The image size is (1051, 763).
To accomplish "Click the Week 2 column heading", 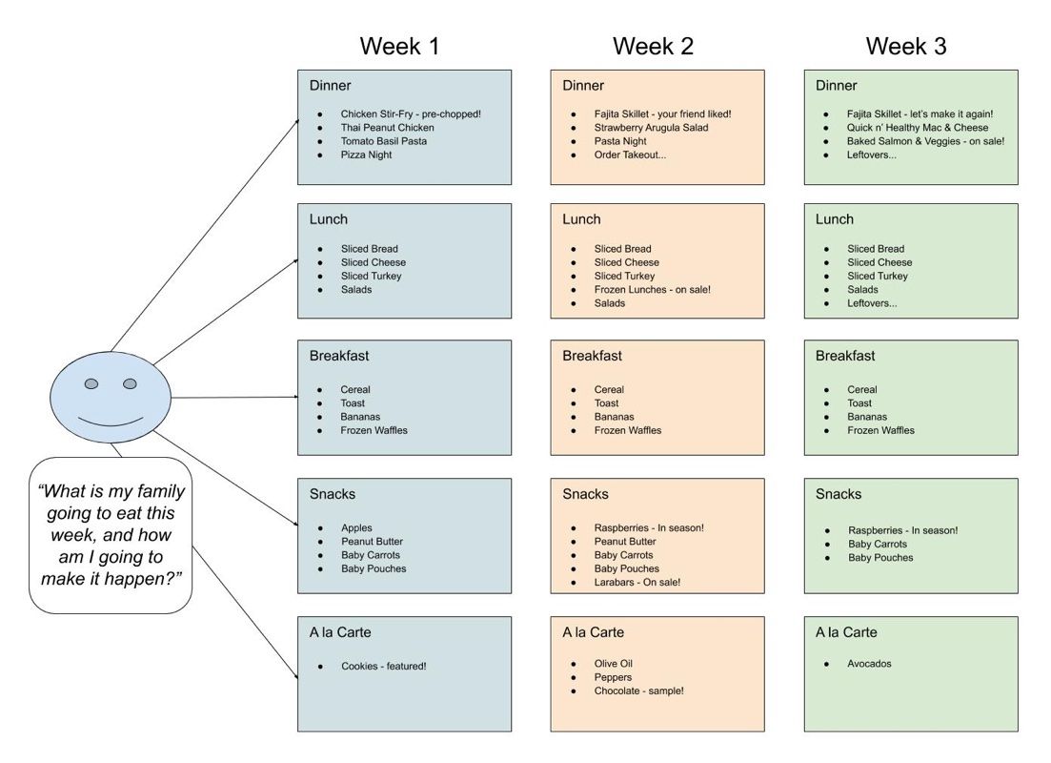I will coord(653,46).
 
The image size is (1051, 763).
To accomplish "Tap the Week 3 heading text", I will coord(906,46).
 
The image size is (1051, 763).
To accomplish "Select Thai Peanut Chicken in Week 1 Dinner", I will coord(387,128).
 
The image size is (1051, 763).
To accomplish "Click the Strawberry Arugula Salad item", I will coord(651,128).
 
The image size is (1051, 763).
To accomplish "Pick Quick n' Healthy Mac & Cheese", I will coord(918,128).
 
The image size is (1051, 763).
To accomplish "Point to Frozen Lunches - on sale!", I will coord(652,290).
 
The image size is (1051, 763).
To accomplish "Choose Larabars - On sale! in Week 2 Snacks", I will coord(637,583).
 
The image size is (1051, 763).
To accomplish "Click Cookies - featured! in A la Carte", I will coord(383,667).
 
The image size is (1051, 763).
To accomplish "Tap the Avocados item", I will coord(869,664).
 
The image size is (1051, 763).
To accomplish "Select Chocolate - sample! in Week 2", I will coord(638,691).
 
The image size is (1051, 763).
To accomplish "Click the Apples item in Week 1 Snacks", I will coord(356,528).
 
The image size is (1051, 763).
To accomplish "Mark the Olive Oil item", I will coord(614,664).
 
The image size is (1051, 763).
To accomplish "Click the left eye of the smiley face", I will coord(91,383).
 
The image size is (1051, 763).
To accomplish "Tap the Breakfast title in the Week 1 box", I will coord(339,356).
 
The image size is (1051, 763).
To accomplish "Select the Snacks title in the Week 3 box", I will coord(839,494).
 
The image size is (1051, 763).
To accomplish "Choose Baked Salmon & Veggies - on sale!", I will coord(925,141).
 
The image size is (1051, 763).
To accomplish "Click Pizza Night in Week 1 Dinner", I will coord(366,155).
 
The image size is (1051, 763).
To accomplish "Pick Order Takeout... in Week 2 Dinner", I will coord(630,155).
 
